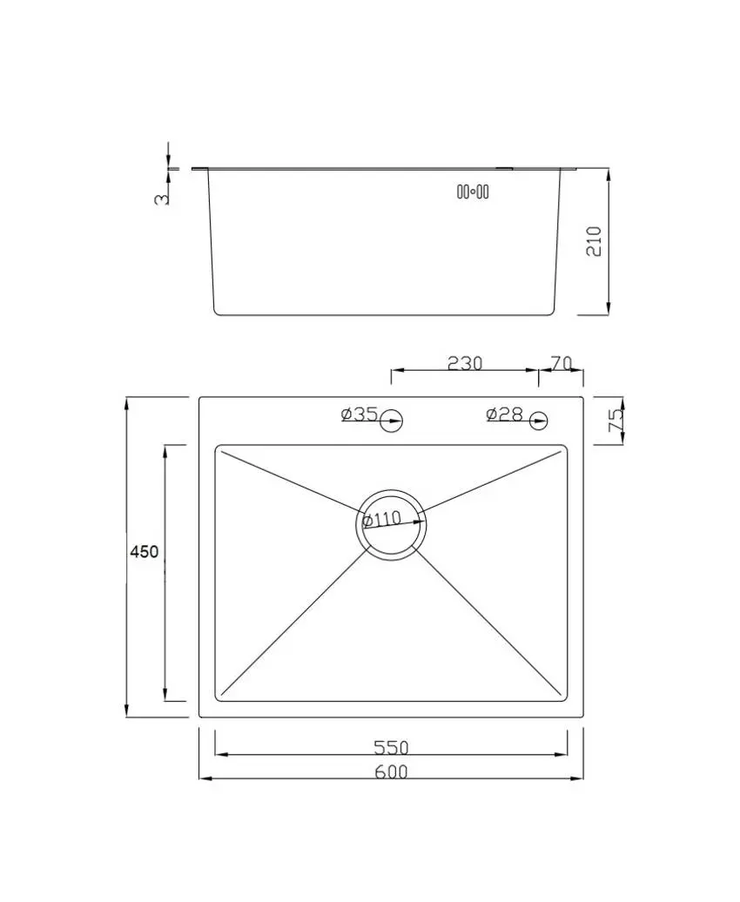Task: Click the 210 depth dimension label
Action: tap(593, 241)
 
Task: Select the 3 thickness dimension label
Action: tap(162, 199)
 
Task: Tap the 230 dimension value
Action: tap(464, 364)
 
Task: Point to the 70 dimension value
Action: tap(561, 364)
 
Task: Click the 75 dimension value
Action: tap(616, 421)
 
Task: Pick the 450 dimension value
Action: tap(144, 552)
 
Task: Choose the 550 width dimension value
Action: tap(391, 747)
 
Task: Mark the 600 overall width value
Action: tap(391, 771)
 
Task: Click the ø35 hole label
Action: tap(359, 414)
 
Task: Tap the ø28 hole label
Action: tap(504, 414)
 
